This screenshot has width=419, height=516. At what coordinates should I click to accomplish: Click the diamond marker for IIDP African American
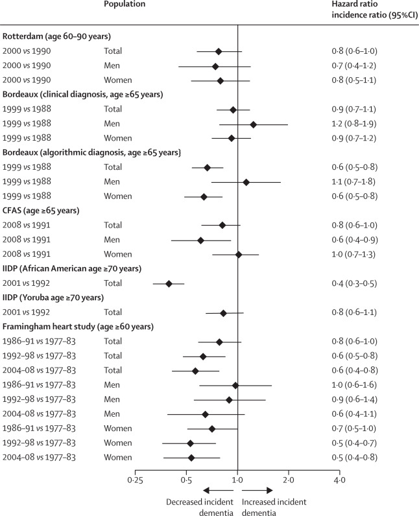pyautogui.click(x=169, y=283)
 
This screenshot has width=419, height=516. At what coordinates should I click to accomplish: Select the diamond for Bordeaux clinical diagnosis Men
pyautogui.click(x=253, y=124)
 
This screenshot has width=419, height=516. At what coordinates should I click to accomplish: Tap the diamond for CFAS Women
pyautogui.click(x=238, y=254)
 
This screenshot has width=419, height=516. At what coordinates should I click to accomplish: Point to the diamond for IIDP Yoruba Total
pyautogui.click(x=223, y=313)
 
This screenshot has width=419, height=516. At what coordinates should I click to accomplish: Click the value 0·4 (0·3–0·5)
pyautogui.click(x=354, y=283)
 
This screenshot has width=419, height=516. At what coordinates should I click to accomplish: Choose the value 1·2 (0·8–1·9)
pyautogui.click(x=354, y=124)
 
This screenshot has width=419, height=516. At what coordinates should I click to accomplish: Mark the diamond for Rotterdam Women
pyautogui.click(x=221, y=80)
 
